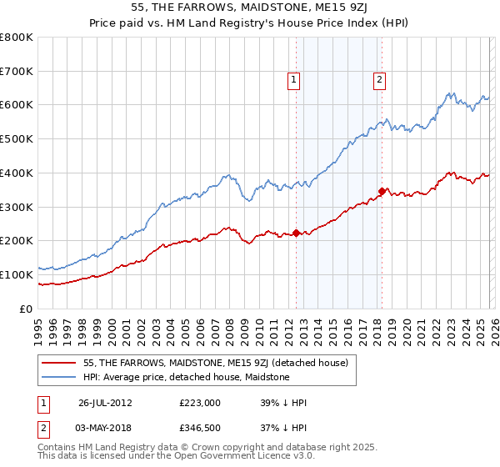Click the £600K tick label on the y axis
coord(17,105)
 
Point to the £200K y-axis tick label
coord(17,241)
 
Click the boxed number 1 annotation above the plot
coord(294,80)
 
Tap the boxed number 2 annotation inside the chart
coord(379,80)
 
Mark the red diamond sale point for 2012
coord(297,233)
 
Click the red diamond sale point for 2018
coord(382,191)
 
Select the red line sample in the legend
coord(58,363)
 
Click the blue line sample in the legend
coord(58,377)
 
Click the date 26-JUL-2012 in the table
coord(106,403)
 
